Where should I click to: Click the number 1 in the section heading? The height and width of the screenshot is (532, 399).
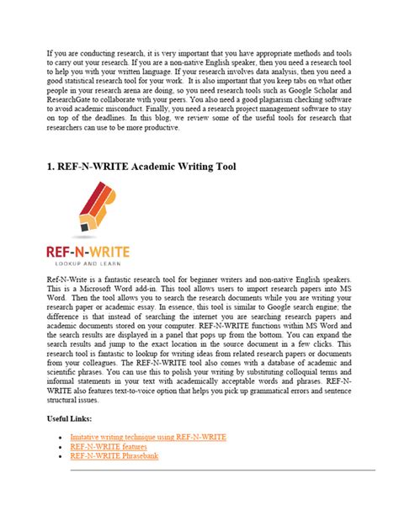pos(51,168)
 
